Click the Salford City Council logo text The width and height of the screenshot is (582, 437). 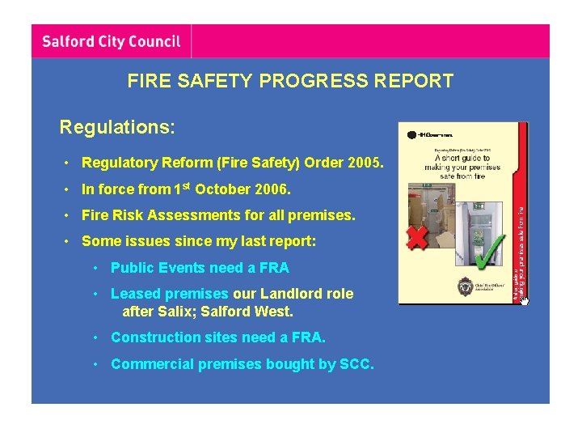pyautogui.click(x=111, y=41)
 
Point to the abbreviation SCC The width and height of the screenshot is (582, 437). pyautogui.click(x=356, y=364)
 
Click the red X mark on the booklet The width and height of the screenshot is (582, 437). pyautogui.click(x=417, y=238)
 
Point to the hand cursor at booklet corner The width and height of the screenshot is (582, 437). pyautogui.click(x=524, y=301)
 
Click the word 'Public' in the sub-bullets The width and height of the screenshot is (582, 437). pyautogui.click(x=132, y=268)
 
